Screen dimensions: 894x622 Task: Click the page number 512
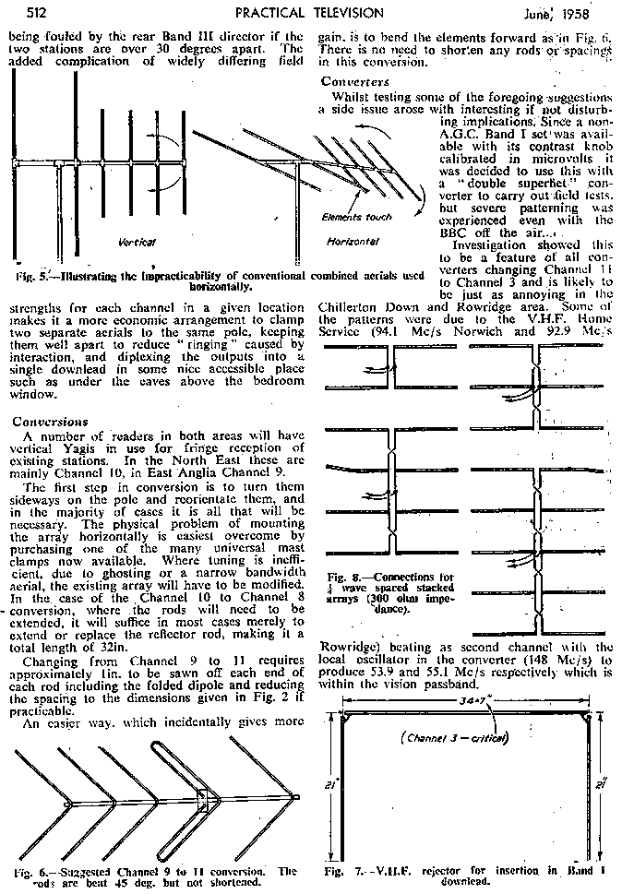coord(23,12)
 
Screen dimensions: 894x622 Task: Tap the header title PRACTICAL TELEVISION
coord(309,12)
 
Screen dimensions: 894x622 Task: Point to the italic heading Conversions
coord(44,421)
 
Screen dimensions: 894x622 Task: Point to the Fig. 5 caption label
coord(31,276)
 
